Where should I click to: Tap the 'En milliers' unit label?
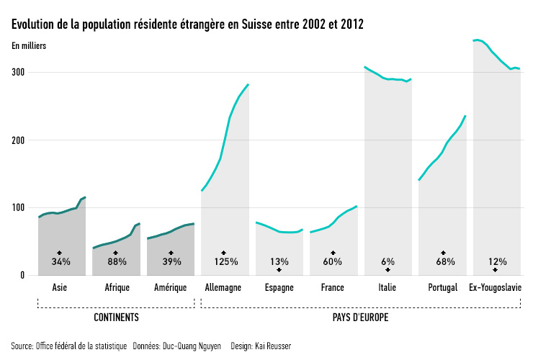(29, 47)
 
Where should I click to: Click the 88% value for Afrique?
(116, 262)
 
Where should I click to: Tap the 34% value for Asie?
(61, 262)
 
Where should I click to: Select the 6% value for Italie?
(388, 262)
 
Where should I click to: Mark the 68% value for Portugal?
(442, 262)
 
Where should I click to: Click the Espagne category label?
(279, 288)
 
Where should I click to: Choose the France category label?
(333, 288)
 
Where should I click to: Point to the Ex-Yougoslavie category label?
(496, 288)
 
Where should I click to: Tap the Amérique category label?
(171, 288)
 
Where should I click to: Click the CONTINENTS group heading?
(116, 317)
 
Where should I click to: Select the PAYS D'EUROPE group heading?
(361, 317)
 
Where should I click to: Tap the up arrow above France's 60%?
(333, 253)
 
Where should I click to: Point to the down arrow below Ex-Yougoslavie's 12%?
(496, 270)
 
